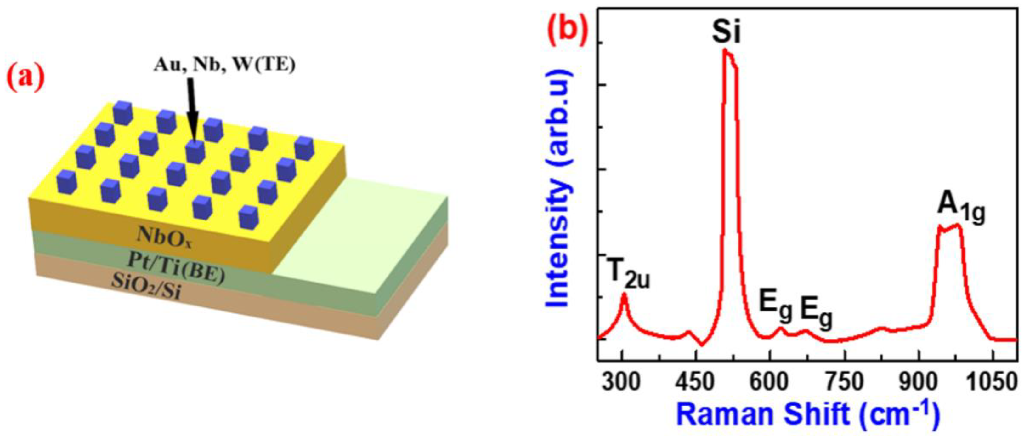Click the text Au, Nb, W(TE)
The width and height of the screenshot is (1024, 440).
[x=224, y=65]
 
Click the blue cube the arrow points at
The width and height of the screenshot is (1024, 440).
[x=195, y=152]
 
